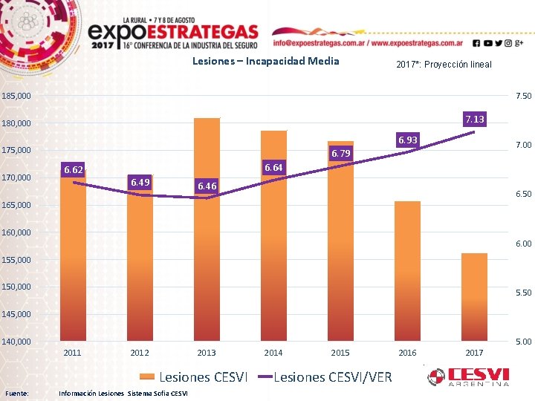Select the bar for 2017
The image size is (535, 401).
click(x=474, y=297)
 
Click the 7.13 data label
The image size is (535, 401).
click(x=474, y=119)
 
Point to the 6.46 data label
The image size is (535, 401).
click(x=207, y=186)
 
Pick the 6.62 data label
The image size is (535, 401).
click(x=74, y=170)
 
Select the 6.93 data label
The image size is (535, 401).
click(x=407, y=140)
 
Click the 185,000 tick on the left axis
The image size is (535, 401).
click(x=16, y=97)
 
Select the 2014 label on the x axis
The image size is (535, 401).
click(x=273, y=353)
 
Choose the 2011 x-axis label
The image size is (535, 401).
click(x=73, y=353)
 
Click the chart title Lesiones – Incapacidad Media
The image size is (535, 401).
click(x=265, y=61)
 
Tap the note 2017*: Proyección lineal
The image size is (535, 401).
click(x=443, y=65)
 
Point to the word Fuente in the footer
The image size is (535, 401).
click(x=17, y=393)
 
